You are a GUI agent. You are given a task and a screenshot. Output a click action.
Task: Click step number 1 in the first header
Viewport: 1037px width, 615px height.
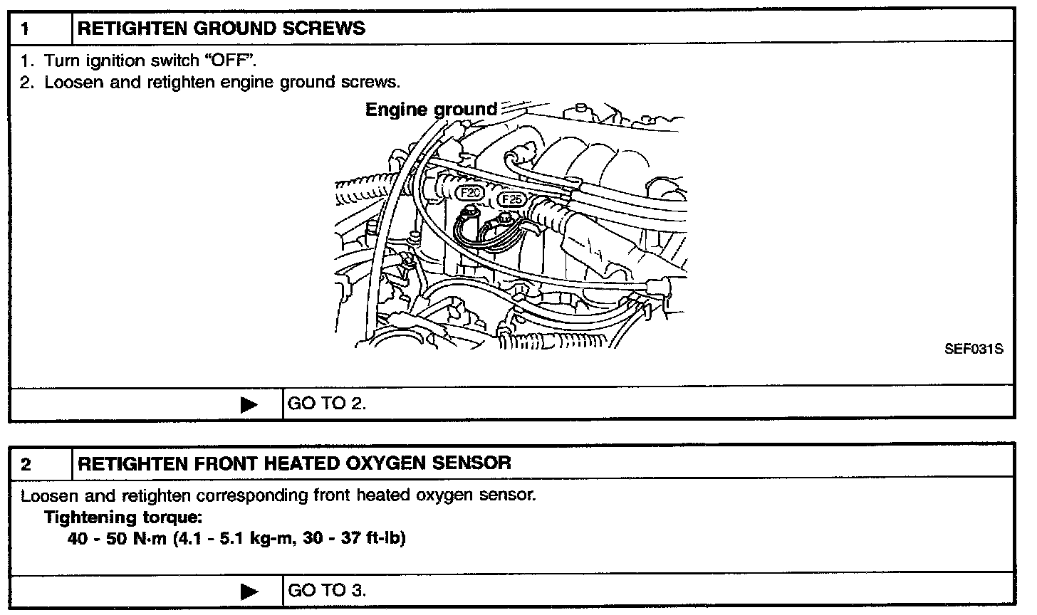[x=26, y=29]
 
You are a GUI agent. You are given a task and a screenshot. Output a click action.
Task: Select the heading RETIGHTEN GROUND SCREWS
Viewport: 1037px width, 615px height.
[x=221, y=29]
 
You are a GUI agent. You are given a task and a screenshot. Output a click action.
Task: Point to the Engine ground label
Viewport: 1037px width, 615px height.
[x=431, y=110]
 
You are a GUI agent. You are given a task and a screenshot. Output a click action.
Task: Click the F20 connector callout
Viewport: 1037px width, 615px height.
[x=471, y=192]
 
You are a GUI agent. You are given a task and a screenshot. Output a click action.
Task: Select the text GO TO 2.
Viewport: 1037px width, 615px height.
[x=326, y=404]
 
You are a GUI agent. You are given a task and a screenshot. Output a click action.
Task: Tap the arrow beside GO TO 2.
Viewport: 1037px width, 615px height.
[x=249, y=405]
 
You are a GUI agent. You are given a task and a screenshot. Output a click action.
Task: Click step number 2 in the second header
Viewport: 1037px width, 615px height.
[x=26, y=465]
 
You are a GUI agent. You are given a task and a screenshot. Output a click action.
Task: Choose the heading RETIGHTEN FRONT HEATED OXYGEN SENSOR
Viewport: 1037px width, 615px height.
[x=294, y=463]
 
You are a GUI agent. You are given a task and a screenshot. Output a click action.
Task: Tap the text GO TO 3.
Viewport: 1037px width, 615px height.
[x=326, y=590]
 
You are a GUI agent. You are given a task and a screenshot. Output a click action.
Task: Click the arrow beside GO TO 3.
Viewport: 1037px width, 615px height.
[x=249, y=591]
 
